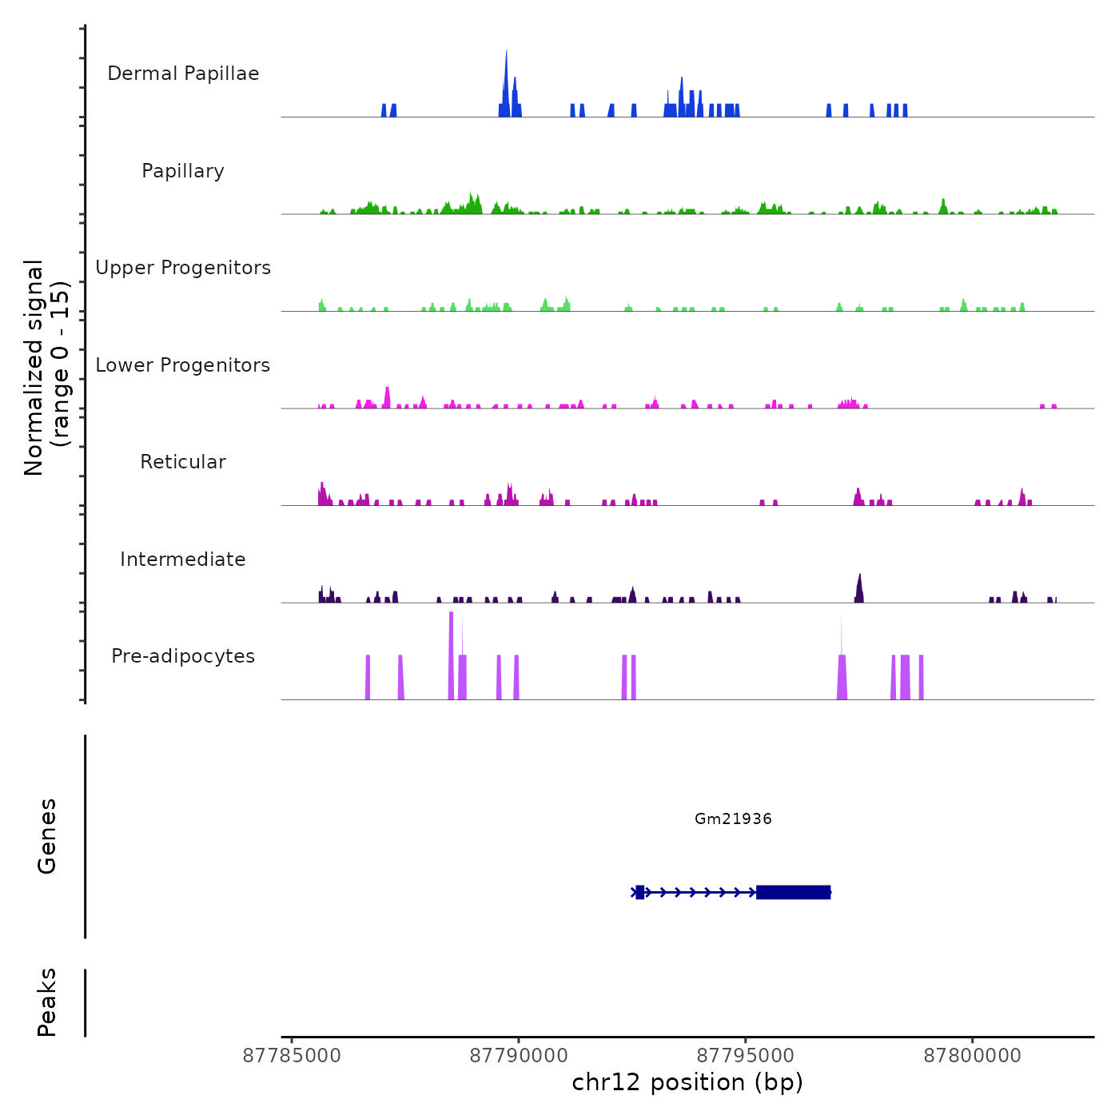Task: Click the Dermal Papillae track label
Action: (x=183, y=74)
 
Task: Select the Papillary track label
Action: (x=183, y=171)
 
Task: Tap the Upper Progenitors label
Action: (x=183, y=268)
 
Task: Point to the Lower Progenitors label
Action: (x=183, y=365)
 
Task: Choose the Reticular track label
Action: (x=183, y=462)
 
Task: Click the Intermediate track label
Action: (x=183, y=559)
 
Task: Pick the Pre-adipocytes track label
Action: (x=183, y=656)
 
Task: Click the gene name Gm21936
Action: (x=733, y=818)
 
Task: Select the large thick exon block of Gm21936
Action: (x=793, y=892)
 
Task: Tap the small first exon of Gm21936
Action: (x=639, y=892)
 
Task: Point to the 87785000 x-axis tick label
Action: (x=292, y=1056)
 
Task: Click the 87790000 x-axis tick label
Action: (x=519, y=1056)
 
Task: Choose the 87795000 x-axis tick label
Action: (x=746, y=1056)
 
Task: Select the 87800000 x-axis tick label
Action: (x=973, y=1056)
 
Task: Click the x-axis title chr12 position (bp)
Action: (x=687, y=1082)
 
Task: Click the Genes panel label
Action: (x=47, y=836)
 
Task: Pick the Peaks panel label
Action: (x=47, y=1002)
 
